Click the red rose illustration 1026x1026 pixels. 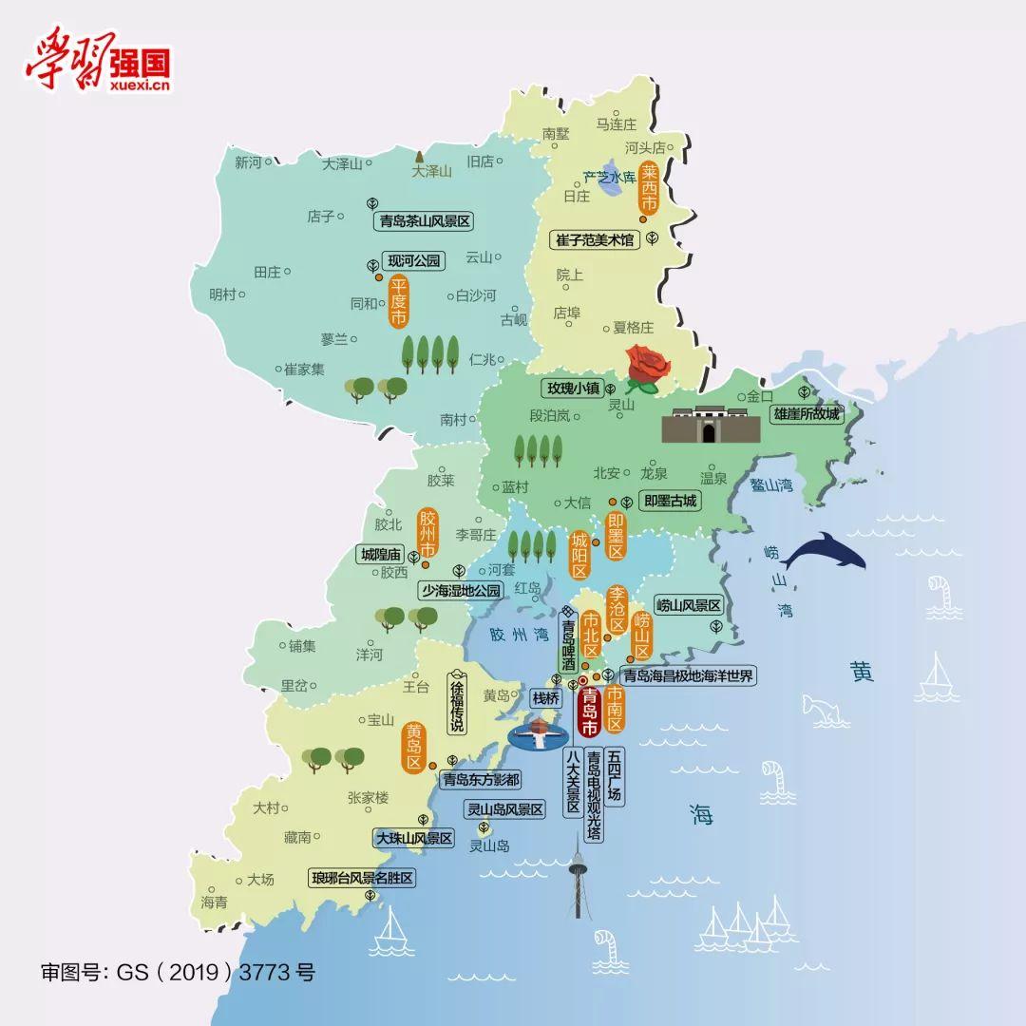[646, 370]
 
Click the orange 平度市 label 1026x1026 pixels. [399, 301]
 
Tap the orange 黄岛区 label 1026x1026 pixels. [413, 749]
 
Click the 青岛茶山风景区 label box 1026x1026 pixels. [424, 221]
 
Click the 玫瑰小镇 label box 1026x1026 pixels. [573, 388]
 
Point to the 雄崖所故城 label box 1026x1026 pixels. [807, 414]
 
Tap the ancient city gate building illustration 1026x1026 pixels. [711, 425]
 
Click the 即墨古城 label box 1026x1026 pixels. [670, 501]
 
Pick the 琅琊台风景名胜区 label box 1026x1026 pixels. [363, 879]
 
